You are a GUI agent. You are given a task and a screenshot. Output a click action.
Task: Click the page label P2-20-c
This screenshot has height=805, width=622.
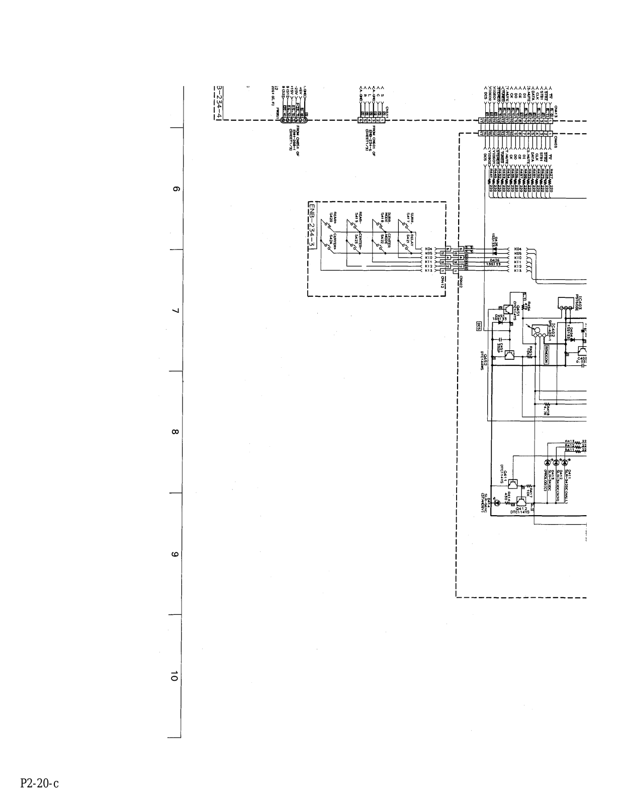point(40,783)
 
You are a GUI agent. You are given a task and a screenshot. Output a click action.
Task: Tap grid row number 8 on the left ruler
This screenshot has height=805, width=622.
point(175,432)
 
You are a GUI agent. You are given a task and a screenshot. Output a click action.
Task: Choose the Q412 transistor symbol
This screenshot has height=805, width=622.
point(523,502)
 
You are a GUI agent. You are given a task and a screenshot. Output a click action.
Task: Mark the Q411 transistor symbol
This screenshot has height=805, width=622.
point(512,485)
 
